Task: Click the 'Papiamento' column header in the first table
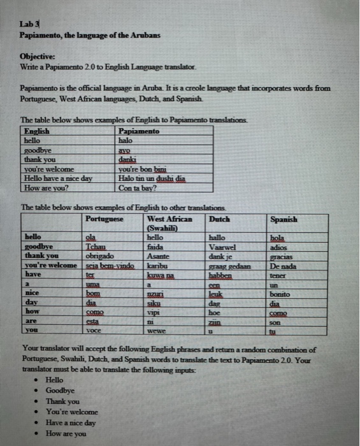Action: click(139, 131)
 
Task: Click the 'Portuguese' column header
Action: click(104, 219)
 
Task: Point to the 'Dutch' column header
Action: click(220, 219)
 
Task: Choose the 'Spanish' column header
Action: click(284, 219)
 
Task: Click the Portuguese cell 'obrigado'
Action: click(99, 255)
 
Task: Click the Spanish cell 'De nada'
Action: click(282, 264)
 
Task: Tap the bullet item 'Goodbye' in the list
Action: click(59, 391)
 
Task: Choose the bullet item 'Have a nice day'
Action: click(70, 422)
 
